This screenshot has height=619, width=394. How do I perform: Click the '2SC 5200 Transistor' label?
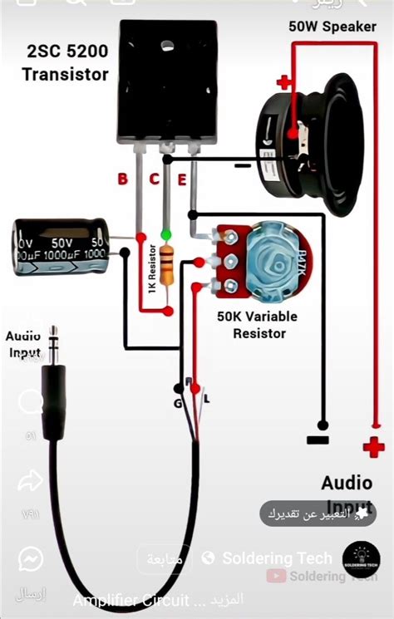click(65, 63)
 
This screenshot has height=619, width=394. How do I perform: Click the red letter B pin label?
click(122, 179)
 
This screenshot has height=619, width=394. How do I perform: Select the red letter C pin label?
click(154, 179)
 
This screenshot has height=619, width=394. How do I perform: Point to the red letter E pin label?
click(183, 179)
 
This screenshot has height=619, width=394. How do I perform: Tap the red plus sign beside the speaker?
click(284, 82)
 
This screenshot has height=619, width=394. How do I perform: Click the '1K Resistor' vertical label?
click(151, 268)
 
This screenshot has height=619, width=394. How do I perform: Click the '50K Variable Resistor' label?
click(257, 325)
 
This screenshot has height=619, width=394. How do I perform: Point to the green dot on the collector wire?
click(167, 234)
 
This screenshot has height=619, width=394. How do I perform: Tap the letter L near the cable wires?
click(206, 399)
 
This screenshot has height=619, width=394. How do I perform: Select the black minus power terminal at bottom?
click(318, 439)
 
